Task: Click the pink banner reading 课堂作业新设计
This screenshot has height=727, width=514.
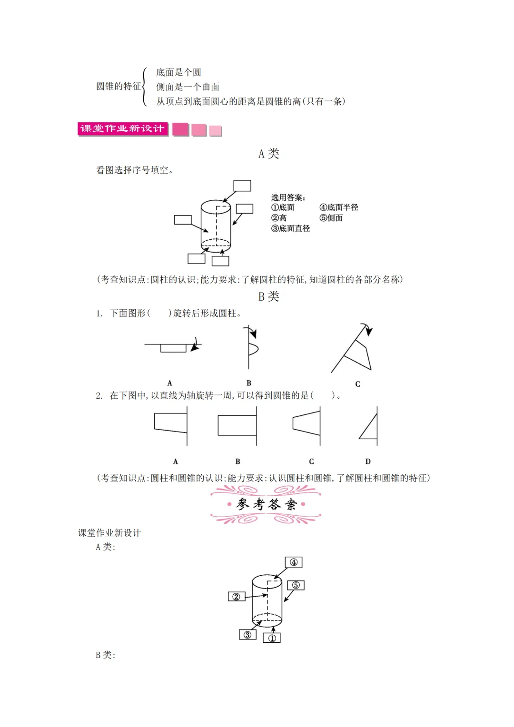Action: [123, 129]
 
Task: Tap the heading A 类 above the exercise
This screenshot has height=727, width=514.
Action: [268, 154]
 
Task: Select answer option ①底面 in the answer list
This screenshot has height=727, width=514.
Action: [283, 207]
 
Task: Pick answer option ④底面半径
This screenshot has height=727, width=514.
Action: [339, 207]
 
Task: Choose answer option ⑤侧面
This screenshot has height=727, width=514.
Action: [331, 218]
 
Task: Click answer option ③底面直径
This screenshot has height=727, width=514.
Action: [291, 228]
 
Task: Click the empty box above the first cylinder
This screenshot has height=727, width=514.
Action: [242, 186]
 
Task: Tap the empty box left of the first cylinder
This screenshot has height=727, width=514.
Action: [183, 220]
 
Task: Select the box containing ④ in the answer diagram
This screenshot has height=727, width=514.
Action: [294, 562]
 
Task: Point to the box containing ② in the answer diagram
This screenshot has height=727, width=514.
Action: [237, 597]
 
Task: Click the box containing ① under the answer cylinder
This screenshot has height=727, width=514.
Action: [272, 638]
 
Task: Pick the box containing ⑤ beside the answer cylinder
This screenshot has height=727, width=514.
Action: [296, 585]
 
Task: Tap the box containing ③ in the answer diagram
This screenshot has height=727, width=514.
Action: [247, 635]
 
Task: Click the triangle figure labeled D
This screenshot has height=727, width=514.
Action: [369, 428]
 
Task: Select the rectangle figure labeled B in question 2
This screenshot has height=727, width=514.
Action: [237, 425]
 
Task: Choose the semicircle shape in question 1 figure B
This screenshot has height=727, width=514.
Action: [253, 349]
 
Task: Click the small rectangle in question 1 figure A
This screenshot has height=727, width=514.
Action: [173, 348]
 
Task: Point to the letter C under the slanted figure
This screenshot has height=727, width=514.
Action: [357, 384]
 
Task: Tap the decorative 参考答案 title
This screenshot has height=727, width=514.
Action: [266, 504]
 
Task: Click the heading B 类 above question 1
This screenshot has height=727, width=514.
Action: [268, 296]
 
